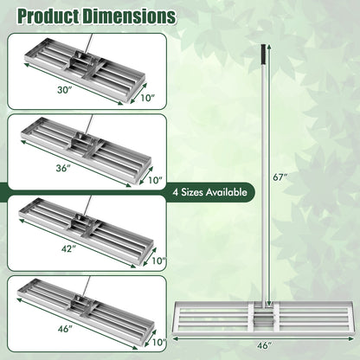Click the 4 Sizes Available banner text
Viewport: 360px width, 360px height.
tap(210, 192)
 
